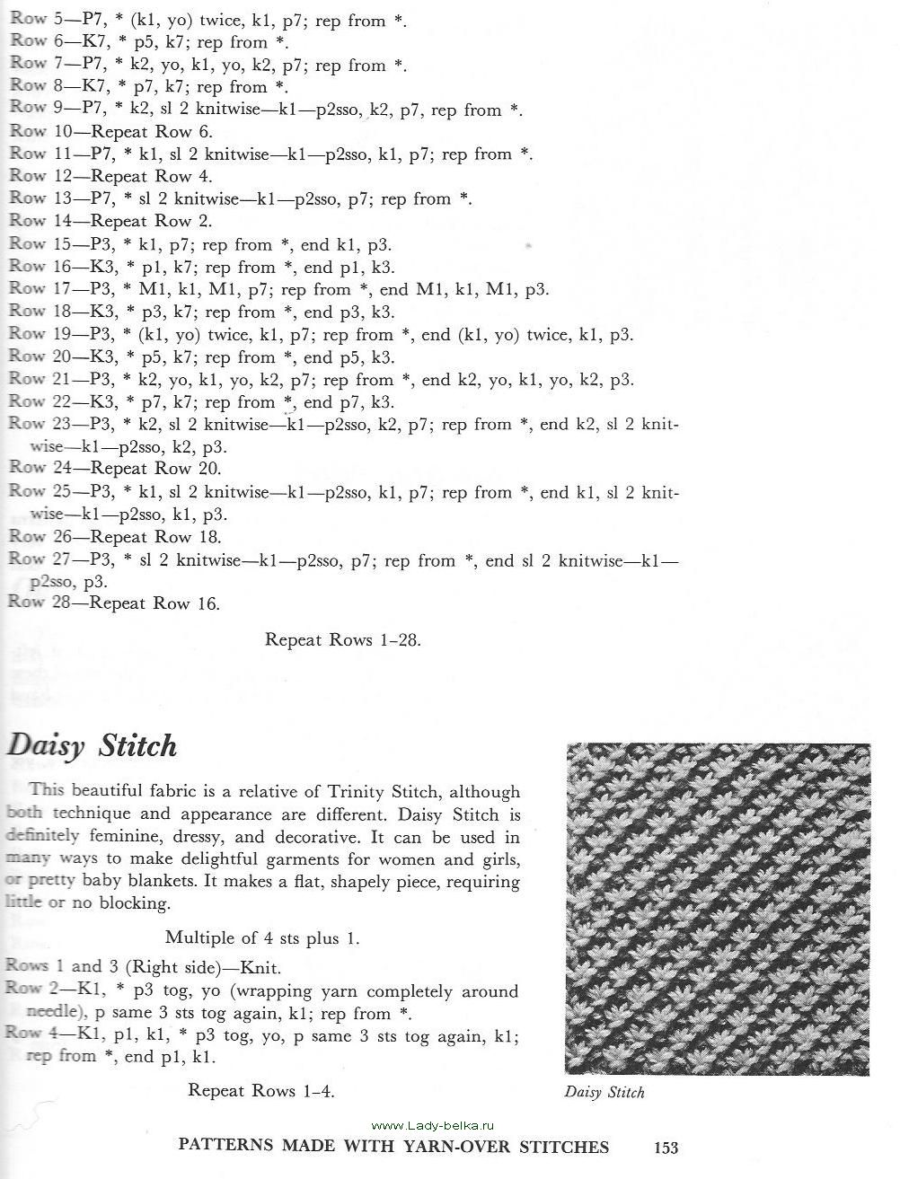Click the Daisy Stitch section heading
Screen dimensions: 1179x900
click(x=93, y=746)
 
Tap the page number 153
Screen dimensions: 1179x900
click(x=666, y=1147)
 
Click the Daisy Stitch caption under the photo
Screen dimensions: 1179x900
click(x=604, y=1093)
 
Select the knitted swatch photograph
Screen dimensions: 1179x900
click(x=718, y=909)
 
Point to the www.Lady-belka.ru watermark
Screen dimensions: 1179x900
click(x=432, y=1125)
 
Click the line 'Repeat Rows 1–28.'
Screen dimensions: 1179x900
click(x=343, y=640)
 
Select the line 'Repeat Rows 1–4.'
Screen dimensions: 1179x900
click(x=260, y=1090)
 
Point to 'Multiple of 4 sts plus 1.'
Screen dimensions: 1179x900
click(x=262, y=937)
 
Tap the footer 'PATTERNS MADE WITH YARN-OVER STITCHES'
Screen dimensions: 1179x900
click(x=394, y=1147)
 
